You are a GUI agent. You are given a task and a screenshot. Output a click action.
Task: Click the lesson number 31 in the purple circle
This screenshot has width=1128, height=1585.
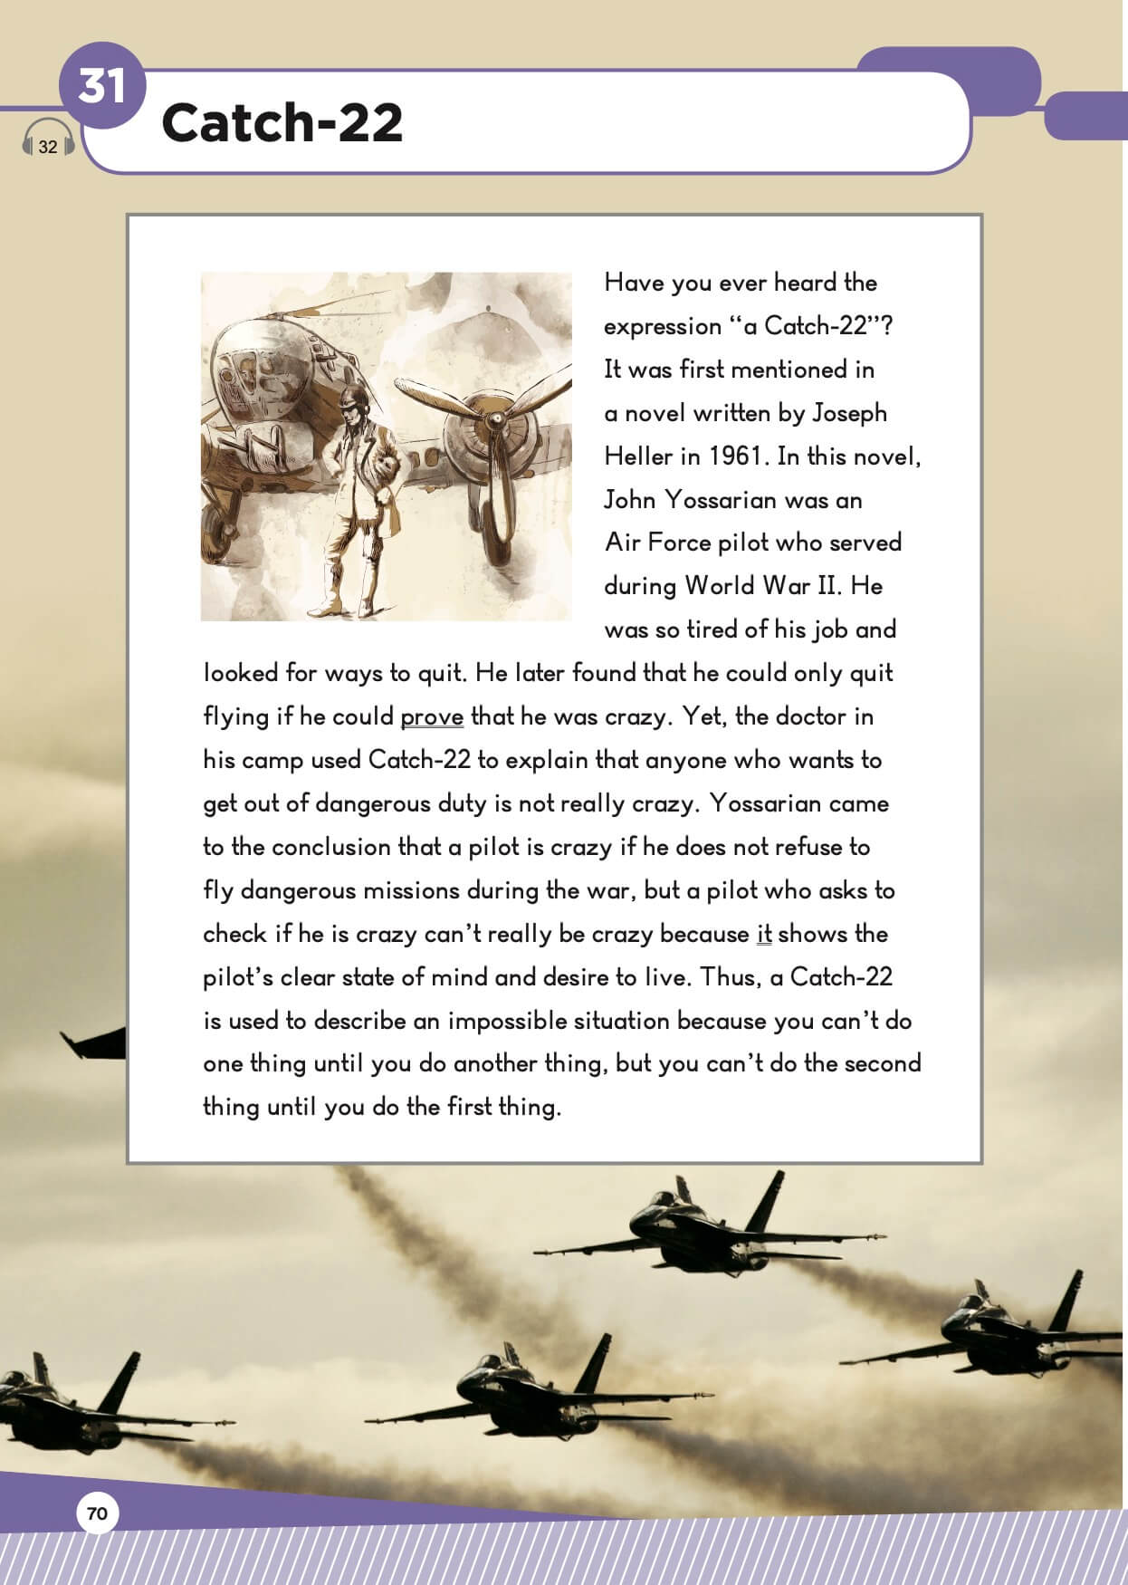101,87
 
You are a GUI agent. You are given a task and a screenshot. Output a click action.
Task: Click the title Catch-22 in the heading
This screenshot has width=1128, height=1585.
282,122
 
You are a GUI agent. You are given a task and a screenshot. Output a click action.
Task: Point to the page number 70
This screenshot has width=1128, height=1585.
97,1513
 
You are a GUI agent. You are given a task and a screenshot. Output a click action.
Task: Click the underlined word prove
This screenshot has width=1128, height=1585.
432,717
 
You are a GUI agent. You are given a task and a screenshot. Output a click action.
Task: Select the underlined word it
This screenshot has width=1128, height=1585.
764,934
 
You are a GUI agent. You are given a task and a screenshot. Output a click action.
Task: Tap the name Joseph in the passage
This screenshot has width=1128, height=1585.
849,413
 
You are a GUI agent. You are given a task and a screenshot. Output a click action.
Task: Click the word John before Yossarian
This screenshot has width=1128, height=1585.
630,499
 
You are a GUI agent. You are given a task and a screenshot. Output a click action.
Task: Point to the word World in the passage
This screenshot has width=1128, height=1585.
720,586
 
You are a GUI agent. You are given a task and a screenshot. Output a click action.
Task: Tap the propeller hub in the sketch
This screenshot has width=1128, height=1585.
494,420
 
